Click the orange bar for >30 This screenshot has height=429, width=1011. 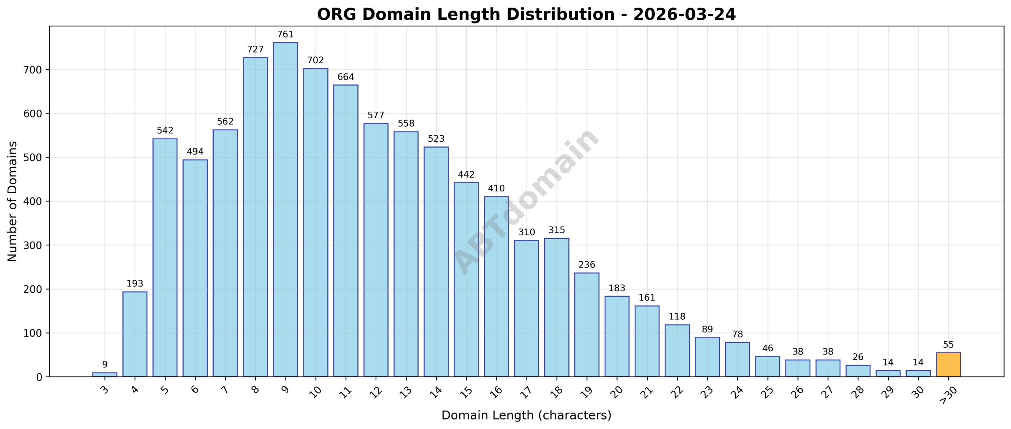point(948,365)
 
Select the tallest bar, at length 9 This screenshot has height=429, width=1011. point(285,209)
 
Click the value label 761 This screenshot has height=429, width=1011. point(285,35)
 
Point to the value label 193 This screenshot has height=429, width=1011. point(135,284)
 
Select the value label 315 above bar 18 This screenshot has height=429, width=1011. point(556,230)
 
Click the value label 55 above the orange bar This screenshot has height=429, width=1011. point(948,345)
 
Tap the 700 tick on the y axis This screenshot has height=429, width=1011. point(33,70)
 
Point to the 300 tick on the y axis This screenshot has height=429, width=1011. point(33,245)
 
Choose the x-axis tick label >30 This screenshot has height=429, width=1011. point(948,395)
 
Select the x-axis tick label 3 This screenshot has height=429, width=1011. point(105,390)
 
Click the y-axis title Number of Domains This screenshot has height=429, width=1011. point(13,201)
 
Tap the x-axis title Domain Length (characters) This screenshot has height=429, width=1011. point(526,416)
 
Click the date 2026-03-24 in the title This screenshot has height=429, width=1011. point(684,15)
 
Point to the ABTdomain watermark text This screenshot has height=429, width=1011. point(526,201)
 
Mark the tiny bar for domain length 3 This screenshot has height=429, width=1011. point(105,375)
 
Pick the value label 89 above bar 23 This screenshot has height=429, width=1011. point(707,330)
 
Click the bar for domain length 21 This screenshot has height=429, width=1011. point(646,341)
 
